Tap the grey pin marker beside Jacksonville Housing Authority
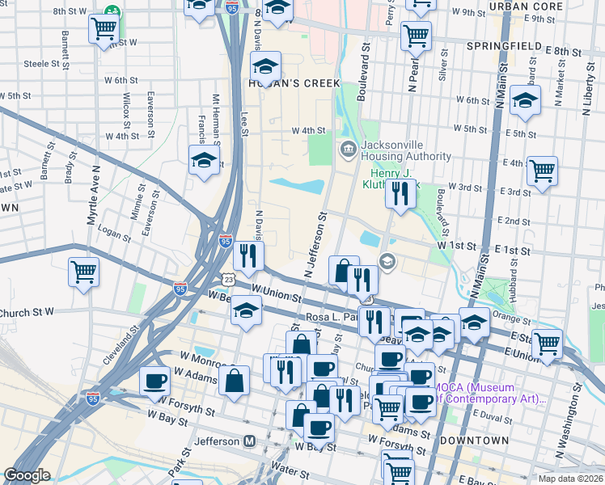[349, 148]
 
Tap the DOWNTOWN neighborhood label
[475, 441]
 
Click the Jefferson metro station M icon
[250, 441]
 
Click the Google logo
[27, 475]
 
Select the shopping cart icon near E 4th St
[542, 171]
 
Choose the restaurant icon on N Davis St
[248, 255]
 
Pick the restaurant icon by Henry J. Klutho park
[400, 194]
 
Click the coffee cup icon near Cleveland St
[154, 381]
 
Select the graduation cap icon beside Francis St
[205, 159]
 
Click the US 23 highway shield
[231, 280]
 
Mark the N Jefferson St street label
[315, 245]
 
